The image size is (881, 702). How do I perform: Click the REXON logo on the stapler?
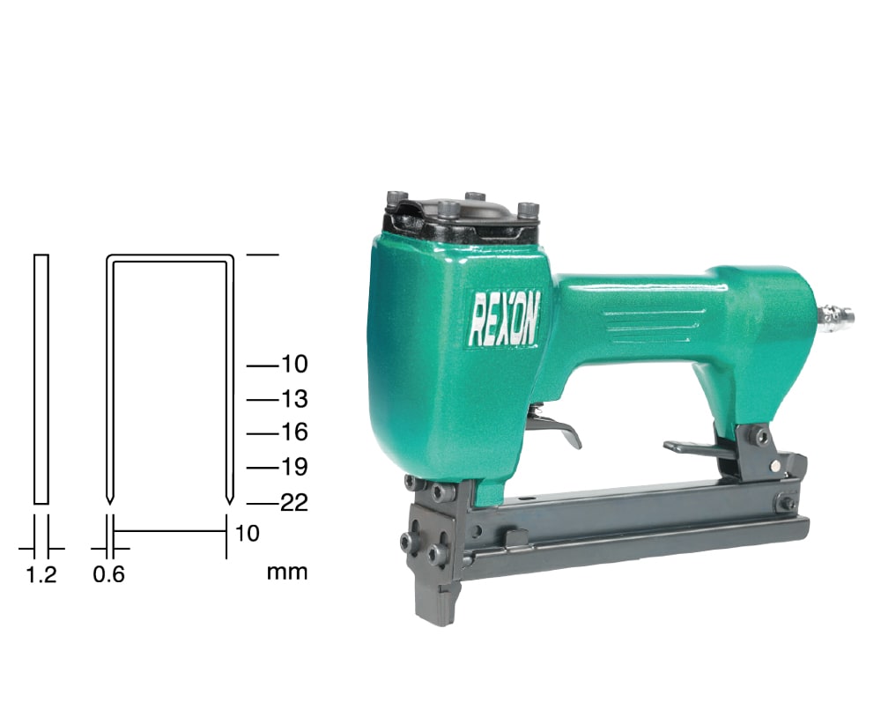point(504,318)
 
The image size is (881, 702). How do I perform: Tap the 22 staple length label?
point(294,503)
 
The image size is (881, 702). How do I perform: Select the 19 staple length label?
point(294,467)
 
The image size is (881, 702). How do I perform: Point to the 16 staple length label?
point(294,433)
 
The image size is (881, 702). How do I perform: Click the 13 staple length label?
point(294,399)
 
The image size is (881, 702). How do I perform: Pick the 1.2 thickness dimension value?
point(41,575)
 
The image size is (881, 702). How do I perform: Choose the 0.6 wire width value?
point(108,575)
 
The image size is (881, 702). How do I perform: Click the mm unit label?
point(287,573)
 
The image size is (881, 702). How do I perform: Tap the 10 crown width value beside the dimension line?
point(247,534)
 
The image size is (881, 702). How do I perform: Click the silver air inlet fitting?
point(836,316)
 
